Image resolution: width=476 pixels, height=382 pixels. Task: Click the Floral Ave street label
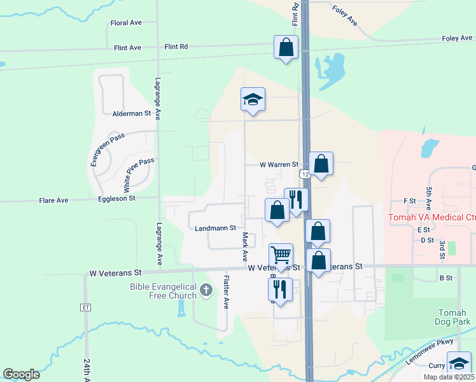click(x=126, y=23)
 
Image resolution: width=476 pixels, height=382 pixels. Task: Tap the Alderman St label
click(x=131, y=113)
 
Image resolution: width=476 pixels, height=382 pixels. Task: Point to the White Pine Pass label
click(x=138, y=175)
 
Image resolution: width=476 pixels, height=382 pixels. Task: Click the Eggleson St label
click(x=116, y=199)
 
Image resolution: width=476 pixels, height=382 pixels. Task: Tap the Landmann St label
click(x=215, y=227)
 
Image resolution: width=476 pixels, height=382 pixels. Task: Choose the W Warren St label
click(x=279, y=164)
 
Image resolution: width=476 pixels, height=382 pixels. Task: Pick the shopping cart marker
click(x=281, y=255)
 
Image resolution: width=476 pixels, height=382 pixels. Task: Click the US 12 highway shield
click(x=305, y=174)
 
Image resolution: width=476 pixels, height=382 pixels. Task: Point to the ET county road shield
click(x=86, y=307)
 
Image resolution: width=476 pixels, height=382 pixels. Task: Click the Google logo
click(x=21, y=374)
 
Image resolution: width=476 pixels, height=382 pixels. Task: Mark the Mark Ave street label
click(x=244, y=247)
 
